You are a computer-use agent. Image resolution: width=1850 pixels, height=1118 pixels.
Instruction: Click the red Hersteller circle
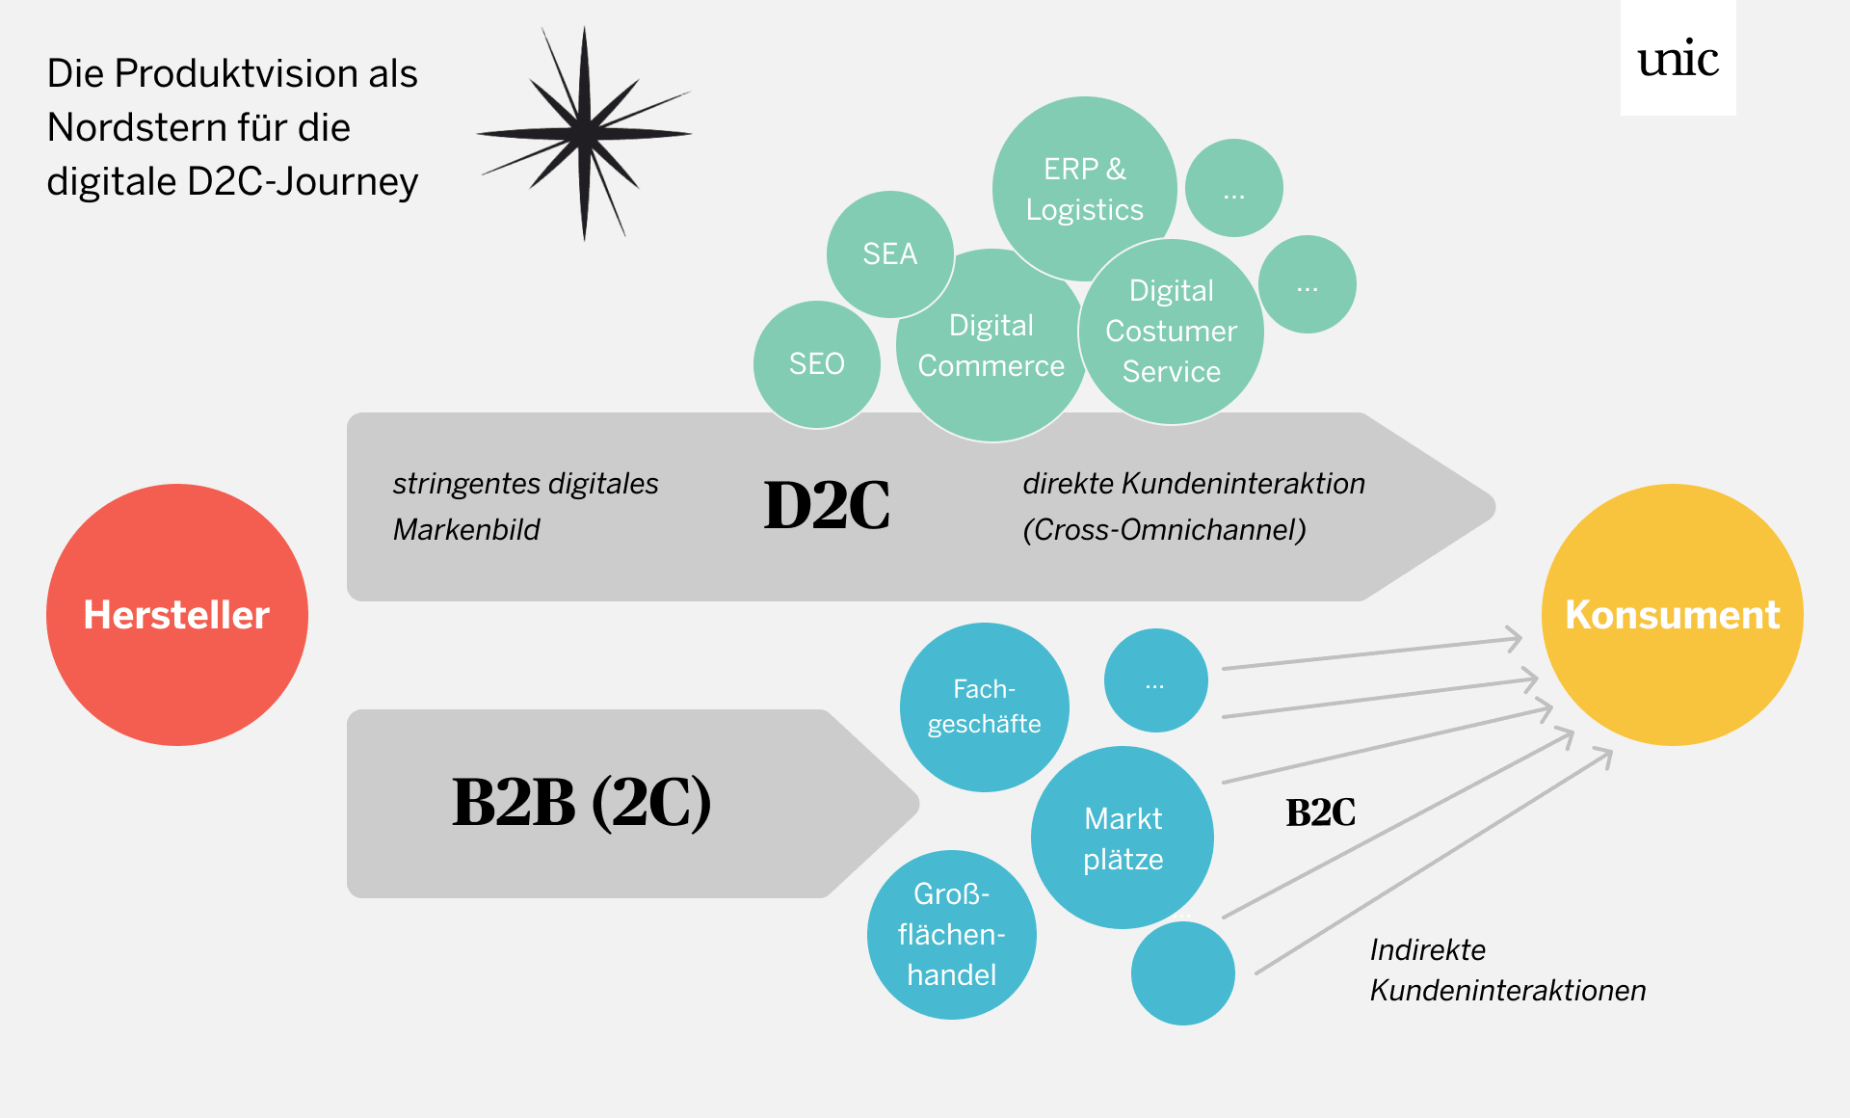[177, 615]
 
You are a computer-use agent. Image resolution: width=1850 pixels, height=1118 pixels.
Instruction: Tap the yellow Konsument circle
[1672, 615]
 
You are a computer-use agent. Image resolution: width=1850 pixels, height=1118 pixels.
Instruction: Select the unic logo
[1678, 60]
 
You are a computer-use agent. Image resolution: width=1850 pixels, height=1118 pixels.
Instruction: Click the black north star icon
[584, 133]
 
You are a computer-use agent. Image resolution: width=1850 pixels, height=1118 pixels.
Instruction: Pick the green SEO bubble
[816, 364]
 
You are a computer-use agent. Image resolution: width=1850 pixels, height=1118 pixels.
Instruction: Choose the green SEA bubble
[889, 254]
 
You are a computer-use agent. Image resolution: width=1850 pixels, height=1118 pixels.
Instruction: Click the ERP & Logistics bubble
[1084, 189]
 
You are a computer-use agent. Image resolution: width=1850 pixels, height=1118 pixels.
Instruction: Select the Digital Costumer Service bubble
[1171, 332]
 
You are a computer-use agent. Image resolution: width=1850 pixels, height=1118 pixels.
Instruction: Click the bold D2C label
[827, 505]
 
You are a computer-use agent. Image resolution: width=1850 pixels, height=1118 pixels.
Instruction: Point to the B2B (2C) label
[581, 802]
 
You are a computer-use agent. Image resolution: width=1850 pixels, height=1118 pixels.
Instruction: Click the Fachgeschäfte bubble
[984, 706]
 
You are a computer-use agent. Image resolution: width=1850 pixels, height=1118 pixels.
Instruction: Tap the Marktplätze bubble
[1123, 838]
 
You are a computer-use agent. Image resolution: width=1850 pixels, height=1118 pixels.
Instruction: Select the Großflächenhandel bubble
[951, 935]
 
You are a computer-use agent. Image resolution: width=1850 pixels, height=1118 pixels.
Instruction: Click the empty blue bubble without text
[1182, 973]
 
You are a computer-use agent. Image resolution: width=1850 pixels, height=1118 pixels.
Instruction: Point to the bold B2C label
[1320, 812]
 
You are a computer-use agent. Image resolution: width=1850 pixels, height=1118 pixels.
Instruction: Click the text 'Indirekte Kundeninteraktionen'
[1507, 970]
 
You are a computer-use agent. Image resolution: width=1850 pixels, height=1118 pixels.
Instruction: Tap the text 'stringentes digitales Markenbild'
[525, 506]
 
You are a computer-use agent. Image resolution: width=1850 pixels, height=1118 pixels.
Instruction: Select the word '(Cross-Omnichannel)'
[1164, 530]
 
